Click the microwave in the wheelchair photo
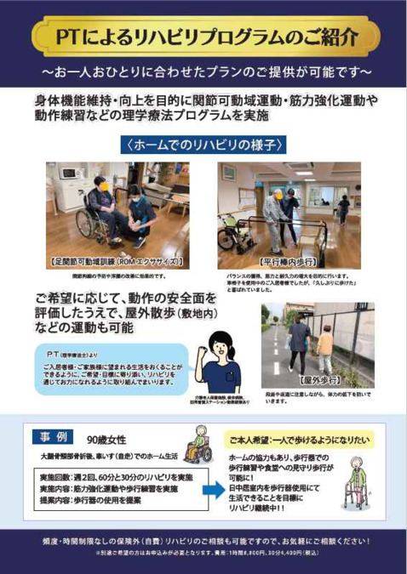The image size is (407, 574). [68, 173]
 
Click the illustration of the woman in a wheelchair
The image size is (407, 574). [197, 446]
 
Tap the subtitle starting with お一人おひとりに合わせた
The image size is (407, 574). [203, 66]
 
